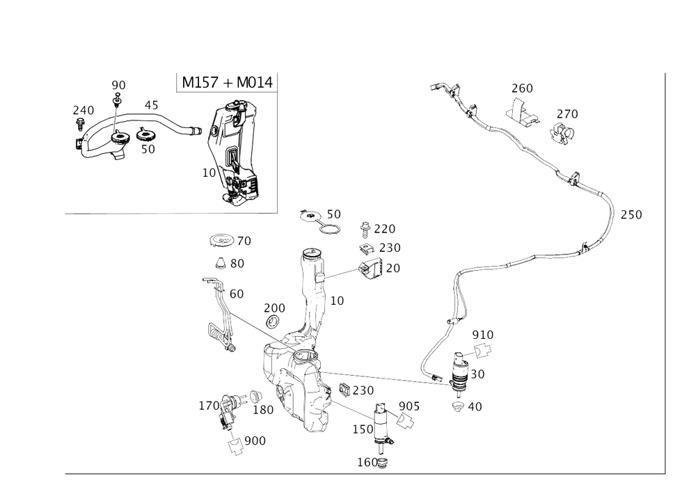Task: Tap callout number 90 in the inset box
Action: pyautogui.click(x=119, y=85)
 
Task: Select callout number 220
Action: pyautogui.click(x=385, y=228)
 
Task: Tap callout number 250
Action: pyautogui.click(x=390, y=247)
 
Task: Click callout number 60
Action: pyautogui.click(x=237, y=294)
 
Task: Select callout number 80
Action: pyautogui.click(x=237, y=264)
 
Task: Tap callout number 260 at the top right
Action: pyautogui.click(x=521, y=88)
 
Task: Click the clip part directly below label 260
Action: pyautogui.click(x=523, y=113)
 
